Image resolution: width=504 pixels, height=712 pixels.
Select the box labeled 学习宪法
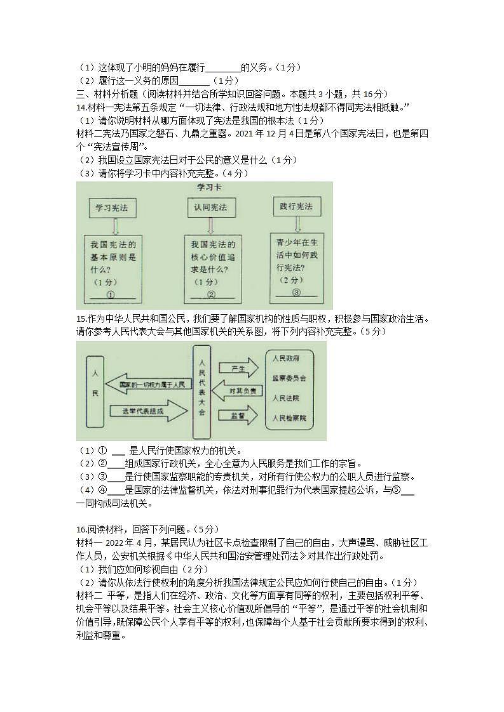112,208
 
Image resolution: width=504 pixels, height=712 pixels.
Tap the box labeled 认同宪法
210,207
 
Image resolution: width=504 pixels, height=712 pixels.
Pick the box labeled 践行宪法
296,206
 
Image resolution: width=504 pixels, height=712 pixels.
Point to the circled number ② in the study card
212,294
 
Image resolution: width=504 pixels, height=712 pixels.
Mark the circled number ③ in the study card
296,292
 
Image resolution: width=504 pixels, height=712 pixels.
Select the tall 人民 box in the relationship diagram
95,391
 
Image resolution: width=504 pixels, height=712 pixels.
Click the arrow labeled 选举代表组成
146,411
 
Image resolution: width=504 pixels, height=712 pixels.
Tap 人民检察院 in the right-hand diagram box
289,418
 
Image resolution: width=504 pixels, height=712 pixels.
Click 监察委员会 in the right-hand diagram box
289,378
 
